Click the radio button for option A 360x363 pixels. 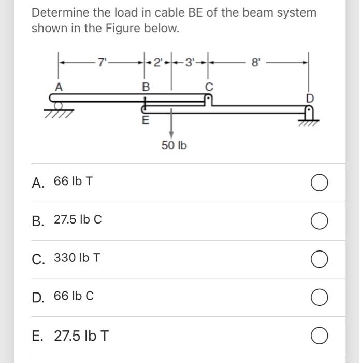tap(320, 183)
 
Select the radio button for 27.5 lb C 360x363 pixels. tap(320, 221)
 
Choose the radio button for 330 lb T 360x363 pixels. tap(320, 259)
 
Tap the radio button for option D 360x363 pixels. tap(320, 298)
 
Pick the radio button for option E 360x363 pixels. tap(320, 336)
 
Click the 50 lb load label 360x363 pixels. tap(174, 146)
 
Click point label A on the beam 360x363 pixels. tap(59, 88)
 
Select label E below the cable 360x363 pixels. tap(146, 122)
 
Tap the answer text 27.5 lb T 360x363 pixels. tap(81, 336)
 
